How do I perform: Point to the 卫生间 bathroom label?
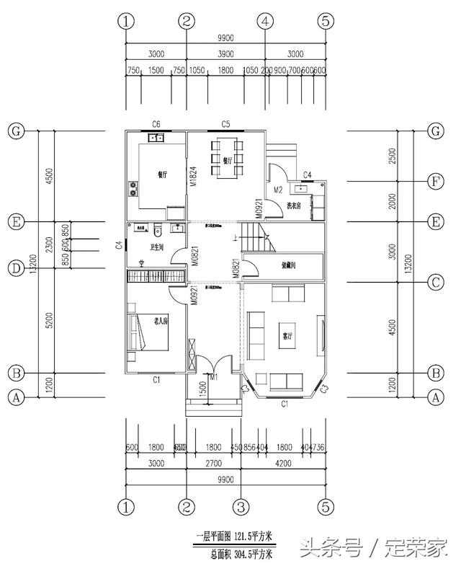coord(157,247)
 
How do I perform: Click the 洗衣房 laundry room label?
coord(295,207)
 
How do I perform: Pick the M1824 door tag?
coord(193,177)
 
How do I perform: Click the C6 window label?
coord(156,124)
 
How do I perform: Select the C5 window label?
coord(225,124)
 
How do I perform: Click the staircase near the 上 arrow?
coord(254,237)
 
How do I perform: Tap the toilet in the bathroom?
coord(158,231)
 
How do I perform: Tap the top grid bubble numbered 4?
coord(266,22)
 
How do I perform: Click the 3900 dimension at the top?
coord(225,54)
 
